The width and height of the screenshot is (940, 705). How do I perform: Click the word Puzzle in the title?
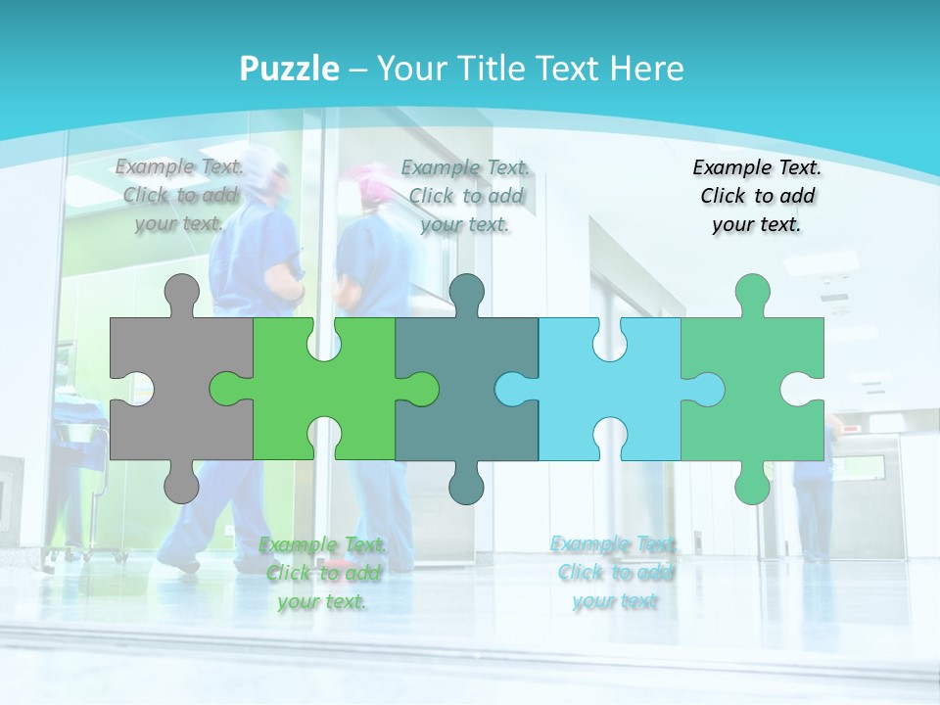point(290,69)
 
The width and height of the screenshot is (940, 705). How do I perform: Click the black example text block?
point(757,196)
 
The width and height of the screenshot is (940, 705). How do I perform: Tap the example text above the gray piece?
point(180,195)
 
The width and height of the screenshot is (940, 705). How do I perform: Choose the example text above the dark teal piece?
point(465,196)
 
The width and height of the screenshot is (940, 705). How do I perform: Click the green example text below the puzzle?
point(322,573)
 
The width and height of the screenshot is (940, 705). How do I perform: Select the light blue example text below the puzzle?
point(614,572)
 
